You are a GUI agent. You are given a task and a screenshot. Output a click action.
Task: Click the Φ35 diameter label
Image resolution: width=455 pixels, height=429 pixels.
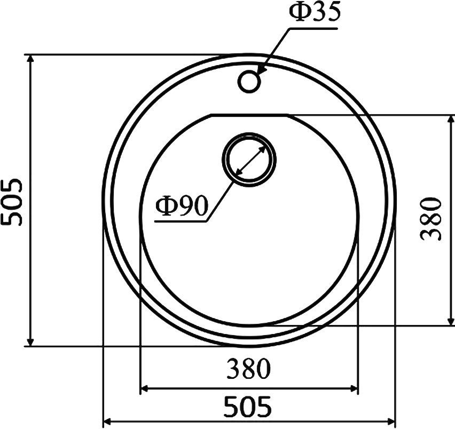(315, 13)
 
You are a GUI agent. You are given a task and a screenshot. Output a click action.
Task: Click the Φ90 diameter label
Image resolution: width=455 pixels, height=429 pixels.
(181, 206)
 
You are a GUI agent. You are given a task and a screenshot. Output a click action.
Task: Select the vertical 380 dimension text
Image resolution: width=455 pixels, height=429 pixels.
(432, 219)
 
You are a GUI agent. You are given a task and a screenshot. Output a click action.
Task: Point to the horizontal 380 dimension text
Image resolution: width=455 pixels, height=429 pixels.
(248, 369)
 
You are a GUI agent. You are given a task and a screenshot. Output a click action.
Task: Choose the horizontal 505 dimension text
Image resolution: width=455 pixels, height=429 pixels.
(248, 407)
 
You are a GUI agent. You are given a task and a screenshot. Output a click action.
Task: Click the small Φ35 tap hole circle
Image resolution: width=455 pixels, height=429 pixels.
(249, 81)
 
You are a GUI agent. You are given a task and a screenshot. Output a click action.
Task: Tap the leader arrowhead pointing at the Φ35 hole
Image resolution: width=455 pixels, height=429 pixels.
(262, 69)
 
